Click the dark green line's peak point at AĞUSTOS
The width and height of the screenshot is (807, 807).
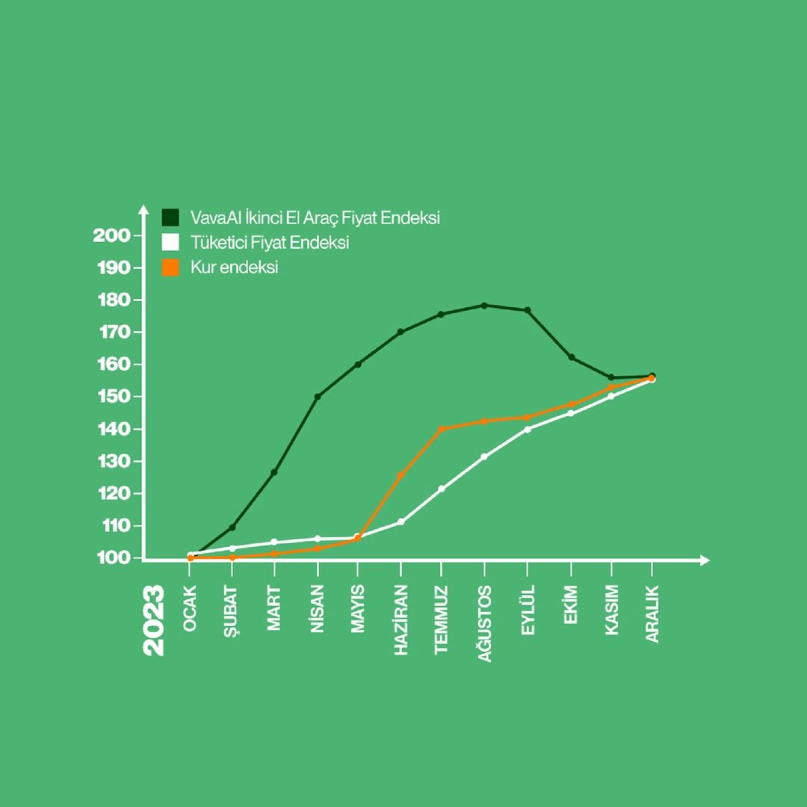tap(484, 305)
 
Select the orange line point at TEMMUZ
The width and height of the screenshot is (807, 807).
tap(441, 429)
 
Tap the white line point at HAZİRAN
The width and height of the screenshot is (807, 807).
tap(401, 522)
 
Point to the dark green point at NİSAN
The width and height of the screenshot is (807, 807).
tap(318, 396)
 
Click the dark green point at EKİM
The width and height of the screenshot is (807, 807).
tap(572, 357)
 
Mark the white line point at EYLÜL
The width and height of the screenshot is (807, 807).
tap(528, 429)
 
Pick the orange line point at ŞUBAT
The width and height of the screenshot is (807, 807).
tap(232, 557)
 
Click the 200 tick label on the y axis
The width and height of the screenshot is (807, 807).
tap(111, 235)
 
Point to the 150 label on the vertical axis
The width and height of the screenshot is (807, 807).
tap(111, 397)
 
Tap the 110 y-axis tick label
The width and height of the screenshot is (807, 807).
tap(111, 526)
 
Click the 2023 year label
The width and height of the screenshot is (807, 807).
tap(154, 621)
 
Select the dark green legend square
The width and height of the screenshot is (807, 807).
tap(171, 217)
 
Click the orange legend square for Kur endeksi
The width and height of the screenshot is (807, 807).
tap(171, 268)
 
